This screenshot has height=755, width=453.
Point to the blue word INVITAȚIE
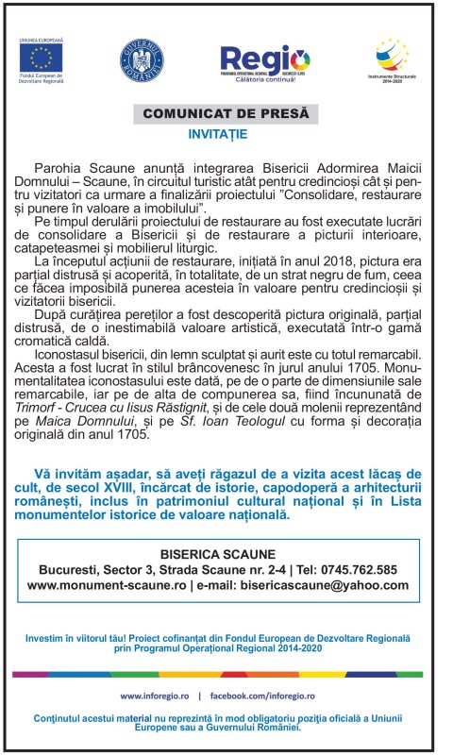click(x=218, y=134)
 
